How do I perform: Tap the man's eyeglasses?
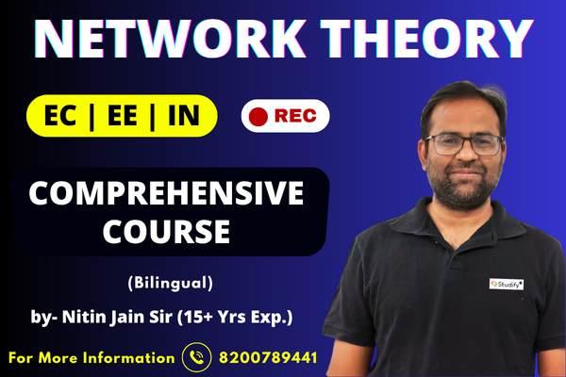click(x=463, y=144)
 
